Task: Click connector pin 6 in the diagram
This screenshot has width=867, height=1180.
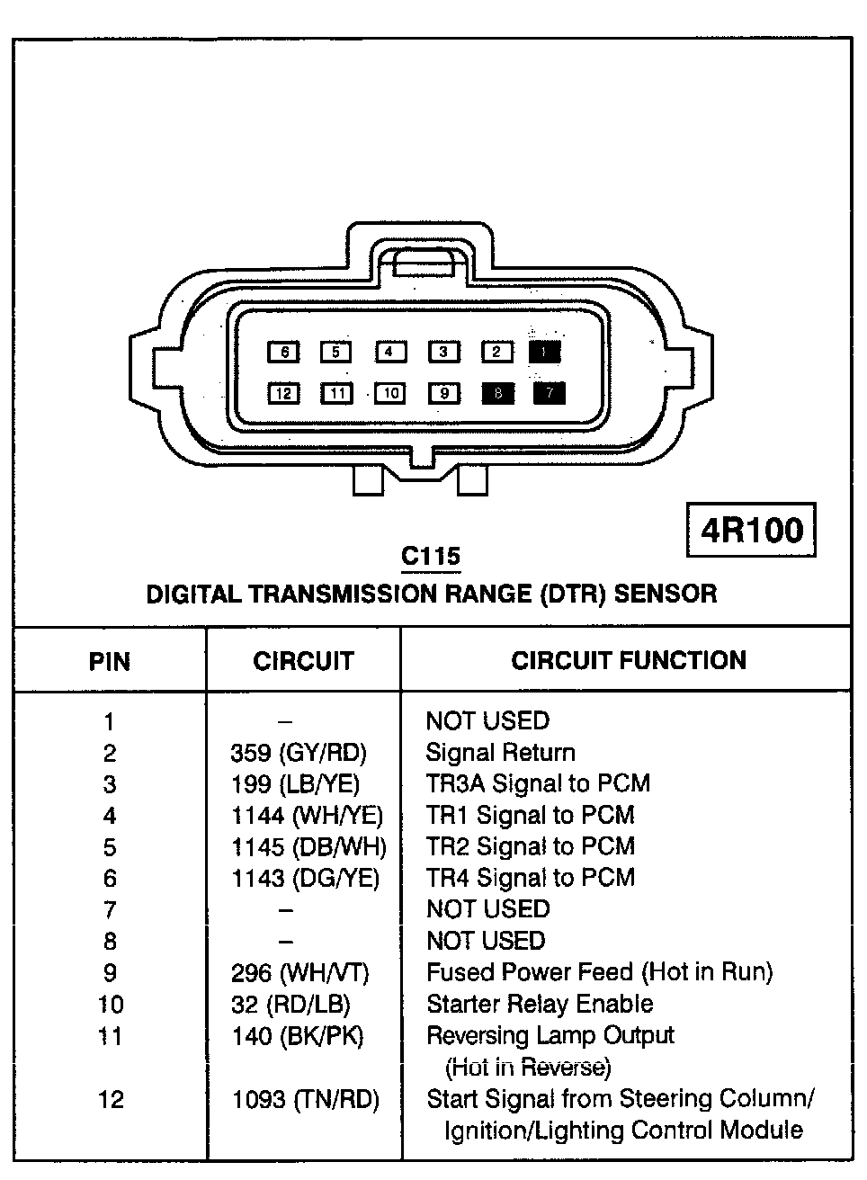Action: click(283, 352)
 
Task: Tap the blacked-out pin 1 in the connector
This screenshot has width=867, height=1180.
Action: click(545, 352)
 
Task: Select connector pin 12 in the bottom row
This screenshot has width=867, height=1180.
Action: click(283, 393)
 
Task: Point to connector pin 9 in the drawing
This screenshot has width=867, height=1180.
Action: click(443, 393)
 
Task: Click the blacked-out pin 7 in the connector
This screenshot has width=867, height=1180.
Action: click(550, 393)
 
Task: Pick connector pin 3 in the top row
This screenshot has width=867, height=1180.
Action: click(443, 352)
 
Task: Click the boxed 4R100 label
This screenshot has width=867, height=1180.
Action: click(751, 530)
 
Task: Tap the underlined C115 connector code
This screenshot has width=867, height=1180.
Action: click(431, 557)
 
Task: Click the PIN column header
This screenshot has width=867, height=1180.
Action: click(110, 662)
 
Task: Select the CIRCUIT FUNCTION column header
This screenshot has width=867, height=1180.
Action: click(628, 660)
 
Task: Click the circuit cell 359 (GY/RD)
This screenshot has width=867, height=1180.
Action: click(299, 753)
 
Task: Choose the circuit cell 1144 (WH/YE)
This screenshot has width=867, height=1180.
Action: click(307, 816)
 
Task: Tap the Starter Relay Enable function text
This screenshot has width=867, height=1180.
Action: click(540, 1004)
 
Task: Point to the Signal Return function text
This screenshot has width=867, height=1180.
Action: click(500, 753)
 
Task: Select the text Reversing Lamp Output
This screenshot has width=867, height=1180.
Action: click(550, 1035)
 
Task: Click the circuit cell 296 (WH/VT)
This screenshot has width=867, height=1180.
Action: click(299, 972)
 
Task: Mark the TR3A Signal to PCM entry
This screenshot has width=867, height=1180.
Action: click(537, 783)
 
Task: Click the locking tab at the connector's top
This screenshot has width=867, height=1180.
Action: click(423, 264)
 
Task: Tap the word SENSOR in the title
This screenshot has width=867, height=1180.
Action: click(666, 594)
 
